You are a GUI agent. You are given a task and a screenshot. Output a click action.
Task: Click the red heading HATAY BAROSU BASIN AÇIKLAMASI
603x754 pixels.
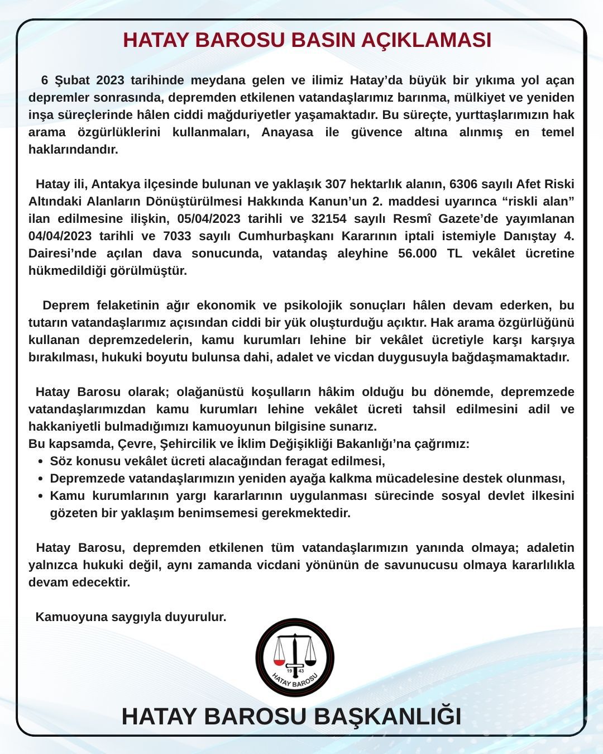(x=307, y=40)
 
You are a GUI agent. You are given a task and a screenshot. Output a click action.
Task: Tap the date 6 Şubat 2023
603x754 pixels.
(x=83, y=80)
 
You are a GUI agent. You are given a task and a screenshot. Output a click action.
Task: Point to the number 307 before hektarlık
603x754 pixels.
(x=336, y=184)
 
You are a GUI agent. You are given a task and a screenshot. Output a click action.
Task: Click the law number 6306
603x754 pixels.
(x=464, y=184)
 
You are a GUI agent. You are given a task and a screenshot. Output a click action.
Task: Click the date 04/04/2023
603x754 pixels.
(x=60, y=236)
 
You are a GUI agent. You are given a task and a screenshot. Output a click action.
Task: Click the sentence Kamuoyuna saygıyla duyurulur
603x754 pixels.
(x=131, y=617)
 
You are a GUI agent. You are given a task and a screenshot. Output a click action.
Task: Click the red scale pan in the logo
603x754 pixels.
(x=280, y=662)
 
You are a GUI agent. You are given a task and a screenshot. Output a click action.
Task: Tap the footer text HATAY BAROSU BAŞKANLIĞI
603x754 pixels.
(x=291, y=717)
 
